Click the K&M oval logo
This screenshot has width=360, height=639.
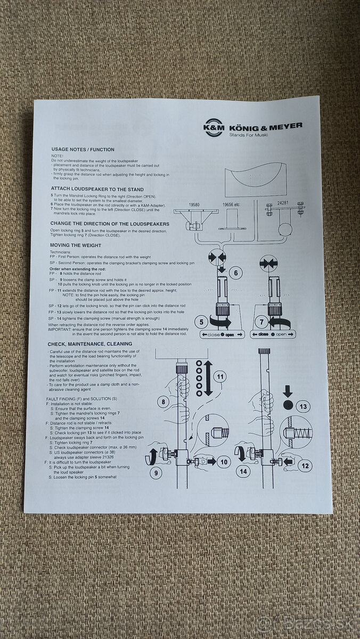point(214,127)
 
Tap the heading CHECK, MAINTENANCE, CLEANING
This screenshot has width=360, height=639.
point(89,345)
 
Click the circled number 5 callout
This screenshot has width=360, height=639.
point(202,322)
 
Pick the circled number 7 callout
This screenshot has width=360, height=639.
point(262,322)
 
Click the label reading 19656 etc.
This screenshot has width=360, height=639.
point(232,204)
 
